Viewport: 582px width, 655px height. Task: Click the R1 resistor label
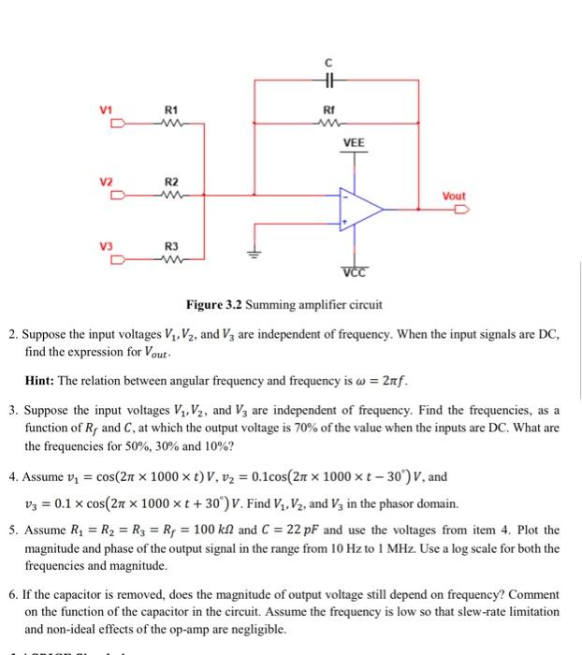coord(171,109)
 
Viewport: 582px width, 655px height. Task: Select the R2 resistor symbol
coord(171,196)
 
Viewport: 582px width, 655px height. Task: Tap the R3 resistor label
coord(171,246)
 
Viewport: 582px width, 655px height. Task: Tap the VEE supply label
coord(354,143)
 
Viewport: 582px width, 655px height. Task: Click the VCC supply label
coord(355,272)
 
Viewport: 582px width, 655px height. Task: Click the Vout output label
coord(453,196)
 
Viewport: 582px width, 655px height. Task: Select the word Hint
coord(41,382)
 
